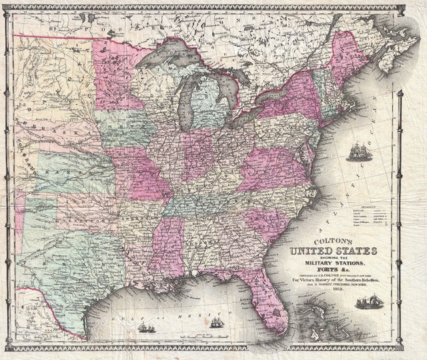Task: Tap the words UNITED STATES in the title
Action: [x=334, y=251]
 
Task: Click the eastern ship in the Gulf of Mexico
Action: [x=216, y=323]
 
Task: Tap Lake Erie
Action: [x=247, y=113]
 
